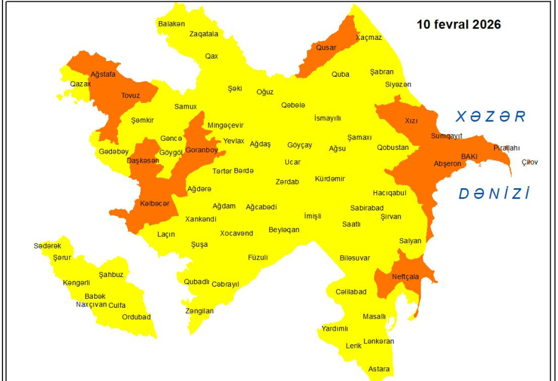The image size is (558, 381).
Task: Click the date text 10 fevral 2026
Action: point(459,25)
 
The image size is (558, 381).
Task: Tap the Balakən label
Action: point(171,24)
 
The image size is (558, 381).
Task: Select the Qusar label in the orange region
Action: point(326,47)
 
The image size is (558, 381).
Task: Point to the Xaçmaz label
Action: point(369,37)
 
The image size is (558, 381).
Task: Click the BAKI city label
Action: point(469,156)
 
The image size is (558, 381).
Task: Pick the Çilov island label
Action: point(530,162)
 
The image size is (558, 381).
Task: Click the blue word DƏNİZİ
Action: point(494,194)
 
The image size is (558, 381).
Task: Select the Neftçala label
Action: point(405,276)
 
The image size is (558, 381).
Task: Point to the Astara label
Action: point(379,369)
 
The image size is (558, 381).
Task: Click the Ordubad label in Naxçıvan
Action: point(136,316)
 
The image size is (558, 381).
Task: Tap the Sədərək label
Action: point(47,246)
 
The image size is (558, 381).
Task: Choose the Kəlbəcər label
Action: point(154,204)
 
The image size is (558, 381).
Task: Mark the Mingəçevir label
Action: point(225,125)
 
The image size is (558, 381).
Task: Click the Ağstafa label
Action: point(102,74)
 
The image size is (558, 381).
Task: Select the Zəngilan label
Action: point(200,311)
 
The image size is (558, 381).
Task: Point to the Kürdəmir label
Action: point(330,178)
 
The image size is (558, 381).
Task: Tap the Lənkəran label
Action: point(378,341)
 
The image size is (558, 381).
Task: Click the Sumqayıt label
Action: point(446,135)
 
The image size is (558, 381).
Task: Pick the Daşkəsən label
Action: point(143,160)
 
